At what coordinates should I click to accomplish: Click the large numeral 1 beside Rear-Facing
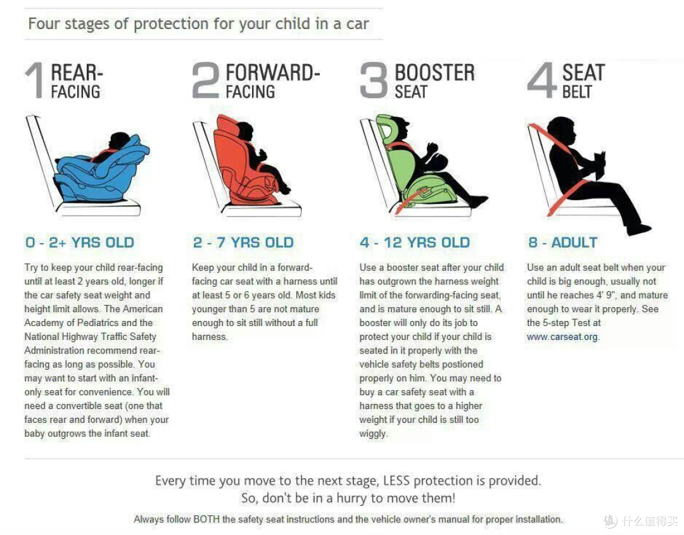point(35,80)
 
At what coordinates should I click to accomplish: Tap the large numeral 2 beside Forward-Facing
point(205,80)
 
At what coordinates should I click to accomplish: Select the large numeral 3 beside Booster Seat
point(374,80)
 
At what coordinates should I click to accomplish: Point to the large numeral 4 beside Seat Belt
point(541,80)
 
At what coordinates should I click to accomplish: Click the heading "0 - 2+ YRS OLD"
point(80,242)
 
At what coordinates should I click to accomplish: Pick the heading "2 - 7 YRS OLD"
point(243,242)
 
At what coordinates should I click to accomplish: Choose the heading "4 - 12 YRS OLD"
point(415,242)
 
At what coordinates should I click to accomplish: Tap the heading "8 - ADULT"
point(563,242)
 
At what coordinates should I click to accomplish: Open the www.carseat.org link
point(563,337)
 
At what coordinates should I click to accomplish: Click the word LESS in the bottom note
point(396,481)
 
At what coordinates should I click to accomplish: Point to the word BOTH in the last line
point(206,519)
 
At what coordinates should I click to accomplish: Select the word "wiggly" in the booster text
point(373,434)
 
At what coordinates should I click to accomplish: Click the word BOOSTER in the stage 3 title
point(434,72)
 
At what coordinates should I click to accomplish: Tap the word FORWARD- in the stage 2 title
point(273,72)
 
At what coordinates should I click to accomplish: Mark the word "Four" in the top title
point(44,23)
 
